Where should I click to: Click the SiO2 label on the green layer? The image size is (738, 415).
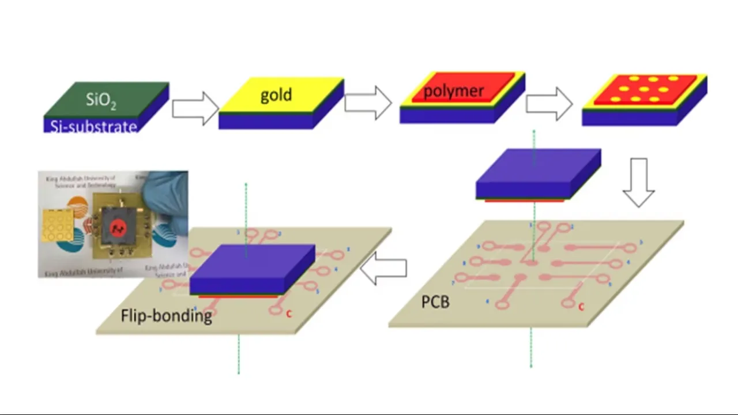[101, 100]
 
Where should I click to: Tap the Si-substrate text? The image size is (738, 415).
[92, 126]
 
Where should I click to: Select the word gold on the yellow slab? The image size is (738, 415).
[276, 95]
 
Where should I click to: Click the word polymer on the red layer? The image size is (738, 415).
[453, 91]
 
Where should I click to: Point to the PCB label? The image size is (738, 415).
[435, 301]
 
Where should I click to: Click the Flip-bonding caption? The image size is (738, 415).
[166, 316]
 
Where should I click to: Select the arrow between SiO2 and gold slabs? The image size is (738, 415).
[195, 108]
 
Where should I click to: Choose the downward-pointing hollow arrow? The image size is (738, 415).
[638, 182]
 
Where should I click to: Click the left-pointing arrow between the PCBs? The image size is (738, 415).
[383, 269]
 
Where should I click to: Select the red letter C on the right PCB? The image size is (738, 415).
[581, 307]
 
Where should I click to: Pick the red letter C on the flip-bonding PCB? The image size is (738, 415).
[289, 314]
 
